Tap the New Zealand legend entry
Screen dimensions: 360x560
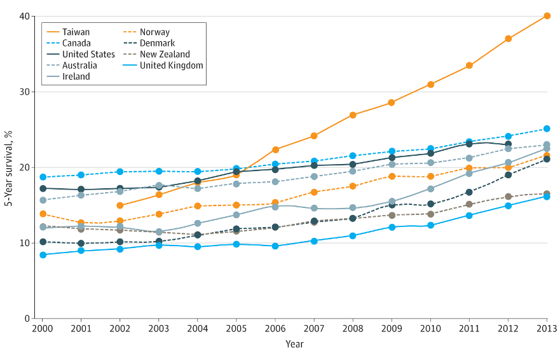point(165,55)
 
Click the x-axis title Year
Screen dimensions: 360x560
point(294,345)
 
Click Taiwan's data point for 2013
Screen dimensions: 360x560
point(547,16)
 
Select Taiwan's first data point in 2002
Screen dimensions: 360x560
point(120,205)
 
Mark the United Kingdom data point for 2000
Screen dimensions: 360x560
point(43,255)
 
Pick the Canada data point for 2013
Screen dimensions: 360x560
point(547,129)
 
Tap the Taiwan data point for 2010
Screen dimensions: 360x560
point(430,85)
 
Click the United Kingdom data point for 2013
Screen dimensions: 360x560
point(547,197)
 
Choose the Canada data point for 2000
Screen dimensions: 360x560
point(43,177)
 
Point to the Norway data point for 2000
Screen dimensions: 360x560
point(43,214)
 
